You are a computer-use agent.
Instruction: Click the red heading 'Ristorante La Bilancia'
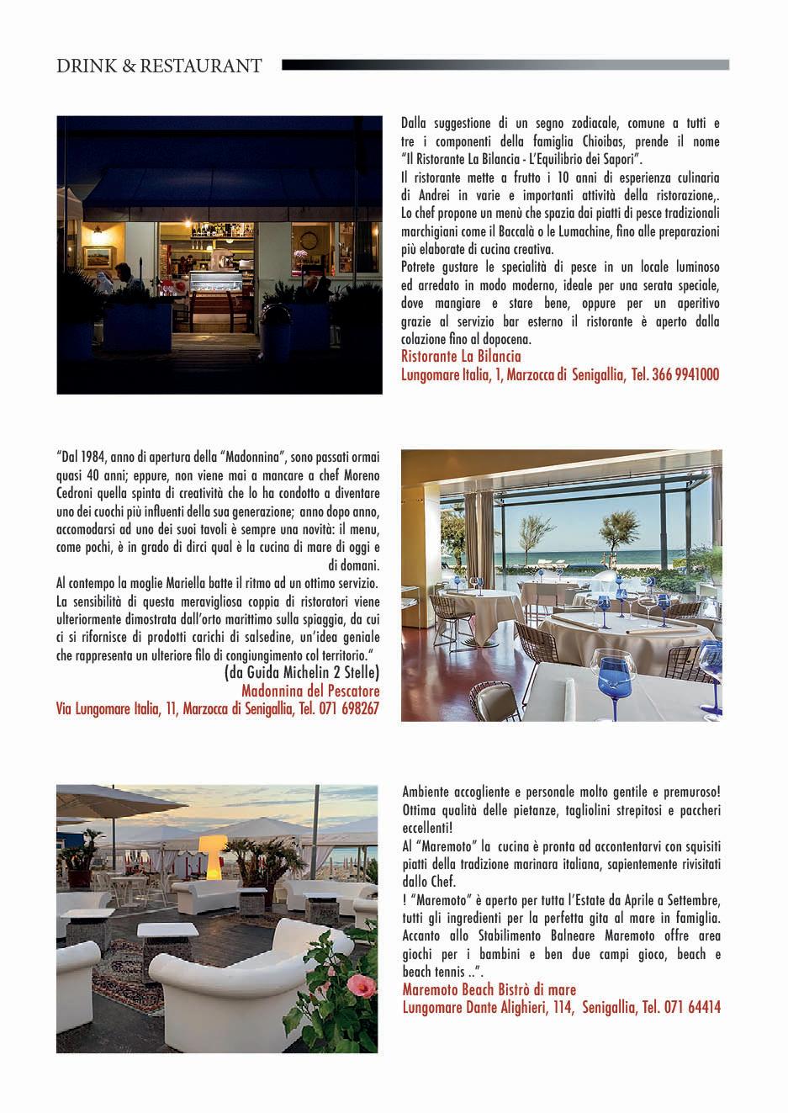[461, 357]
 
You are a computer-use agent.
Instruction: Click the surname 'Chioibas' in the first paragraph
[601, 140]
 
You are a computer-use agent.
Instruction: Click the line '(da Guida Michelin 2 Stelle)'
[302, 672]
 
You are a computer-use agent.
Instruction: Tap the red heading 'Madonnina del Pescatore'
[309, 691]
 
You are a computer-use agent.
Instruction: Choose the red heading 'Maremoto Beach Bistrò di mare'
[489, 989]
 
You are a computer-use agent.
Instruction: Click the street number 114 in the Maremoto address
[584, 1007]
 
